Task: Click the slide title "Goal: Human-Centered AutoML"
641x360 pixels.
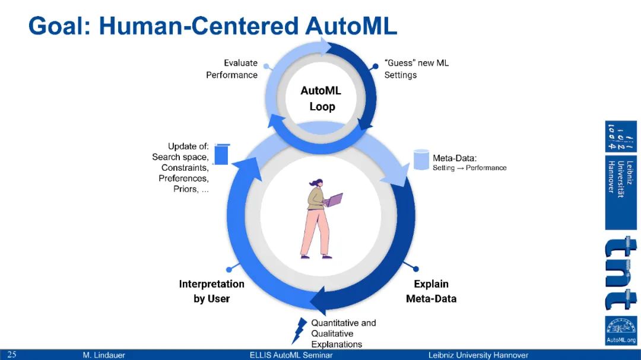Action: [212, 26]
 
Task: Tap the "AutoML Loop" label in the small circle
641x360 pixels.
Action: [321, 99]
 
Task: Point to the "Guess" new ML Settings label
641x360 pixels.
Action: [416, 69]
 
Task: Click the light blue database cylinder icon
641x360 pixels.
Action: [421, 160]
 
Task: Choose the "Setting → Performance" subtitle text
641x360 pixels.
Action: [469, 168]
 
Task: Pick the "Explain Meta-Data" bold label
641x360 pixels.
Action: [431, 291]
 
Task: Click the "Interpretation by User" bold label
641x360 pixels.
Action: [211, 291]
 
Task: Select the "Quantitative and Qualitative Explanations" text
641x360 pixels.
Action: [343, 333]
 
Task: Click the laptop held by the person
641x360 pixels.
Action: [334, 200]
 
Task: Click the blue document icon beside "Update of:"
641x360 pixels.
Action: [221, 154]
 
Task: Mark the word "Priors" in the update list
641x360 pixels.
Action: [186, 189]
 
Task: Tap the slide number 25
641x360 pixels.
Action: [12, 355]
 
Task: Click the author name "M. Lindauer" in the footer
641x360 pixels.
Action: [104, 355]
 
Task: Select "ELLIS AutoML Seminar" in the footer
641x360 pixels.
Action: [291, 355]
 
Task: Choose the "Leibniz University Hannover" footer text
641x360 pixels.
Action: [478, 355]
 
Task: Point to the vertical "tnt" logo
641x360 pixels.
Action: [621, 273]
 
